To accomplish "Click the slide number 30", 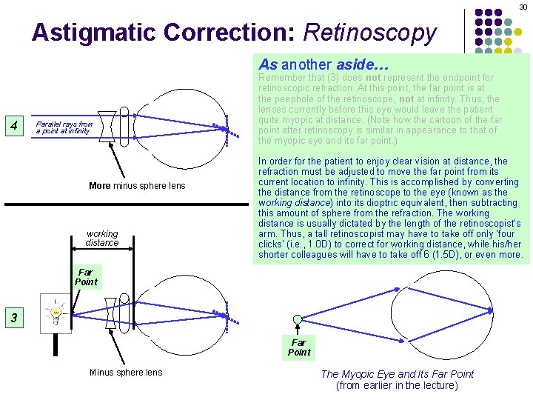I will coord(523,6).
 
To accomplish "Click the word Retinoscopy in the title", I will coord(370,33).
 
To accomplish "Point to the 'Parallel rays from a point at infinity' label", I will coord(65,127).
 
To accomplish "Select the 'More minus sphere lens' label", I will coord(137,185).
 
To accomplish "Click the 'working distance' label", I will coord(101,238).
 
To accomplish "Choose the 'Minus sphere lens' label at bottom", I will coord(126,372).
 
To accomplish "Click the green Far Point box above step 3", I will coord(86,277).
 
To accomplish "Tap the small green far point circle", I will coord(298,319).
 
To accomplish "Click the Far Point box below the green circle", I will coord(298,347).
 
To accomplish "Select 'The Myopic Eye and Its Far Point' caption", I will coord(398,374).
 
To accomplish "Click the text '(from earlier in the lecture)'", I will coord(398,385).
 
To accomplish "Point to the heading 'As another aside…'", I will coord(323,64).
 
